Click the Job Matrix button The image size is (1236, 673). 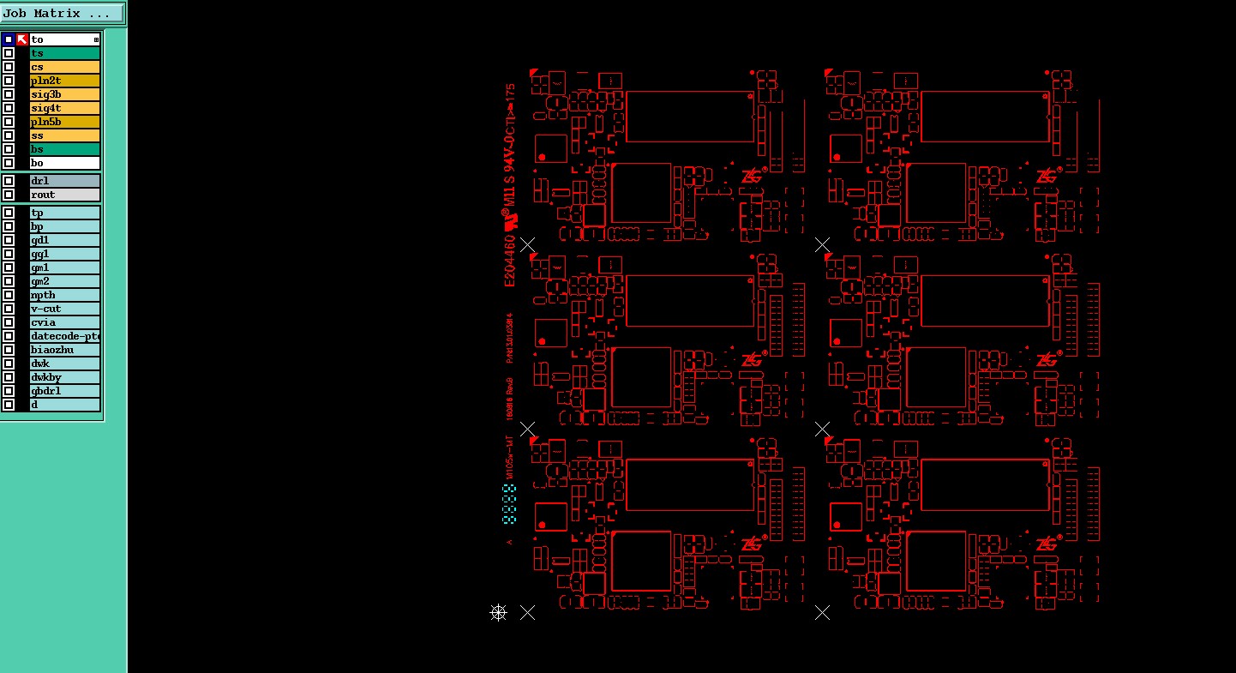[63, 13]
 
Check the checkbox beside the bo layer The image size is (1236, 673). [9, 163]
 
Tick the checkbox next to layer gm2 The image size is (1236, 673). [9, 281]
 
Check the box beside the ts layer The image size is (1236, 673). [9, 53]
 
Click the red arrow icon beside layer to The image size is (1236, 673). [22, 39]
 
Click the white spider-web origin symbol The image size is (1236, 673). [498, 612]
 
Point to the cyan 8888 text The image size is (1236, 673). [509, 504]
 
